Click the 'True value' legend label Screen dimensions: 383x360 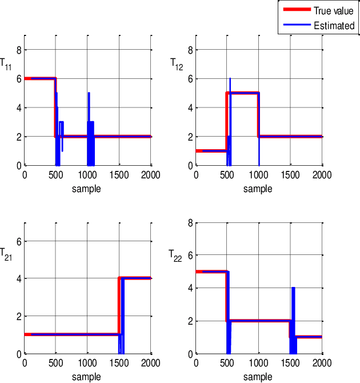point(334,10)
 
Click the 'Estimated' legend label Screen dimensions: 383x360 point(334,26)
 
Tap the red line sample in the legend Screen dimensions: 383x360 point(295,10)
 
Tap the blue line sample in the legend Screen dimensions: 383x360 point(295,26)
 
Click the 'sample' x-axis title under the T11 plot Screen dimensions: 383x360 point(87,188)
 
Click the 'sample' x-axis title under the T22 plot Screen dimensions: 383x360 point(258,377)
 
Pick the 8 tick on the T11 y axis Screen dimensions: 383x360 point(19,50)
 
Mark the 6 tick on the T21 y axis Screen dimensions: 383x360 point(19,241)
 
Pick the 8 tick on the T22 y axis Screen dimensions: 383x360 point(190,222)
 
